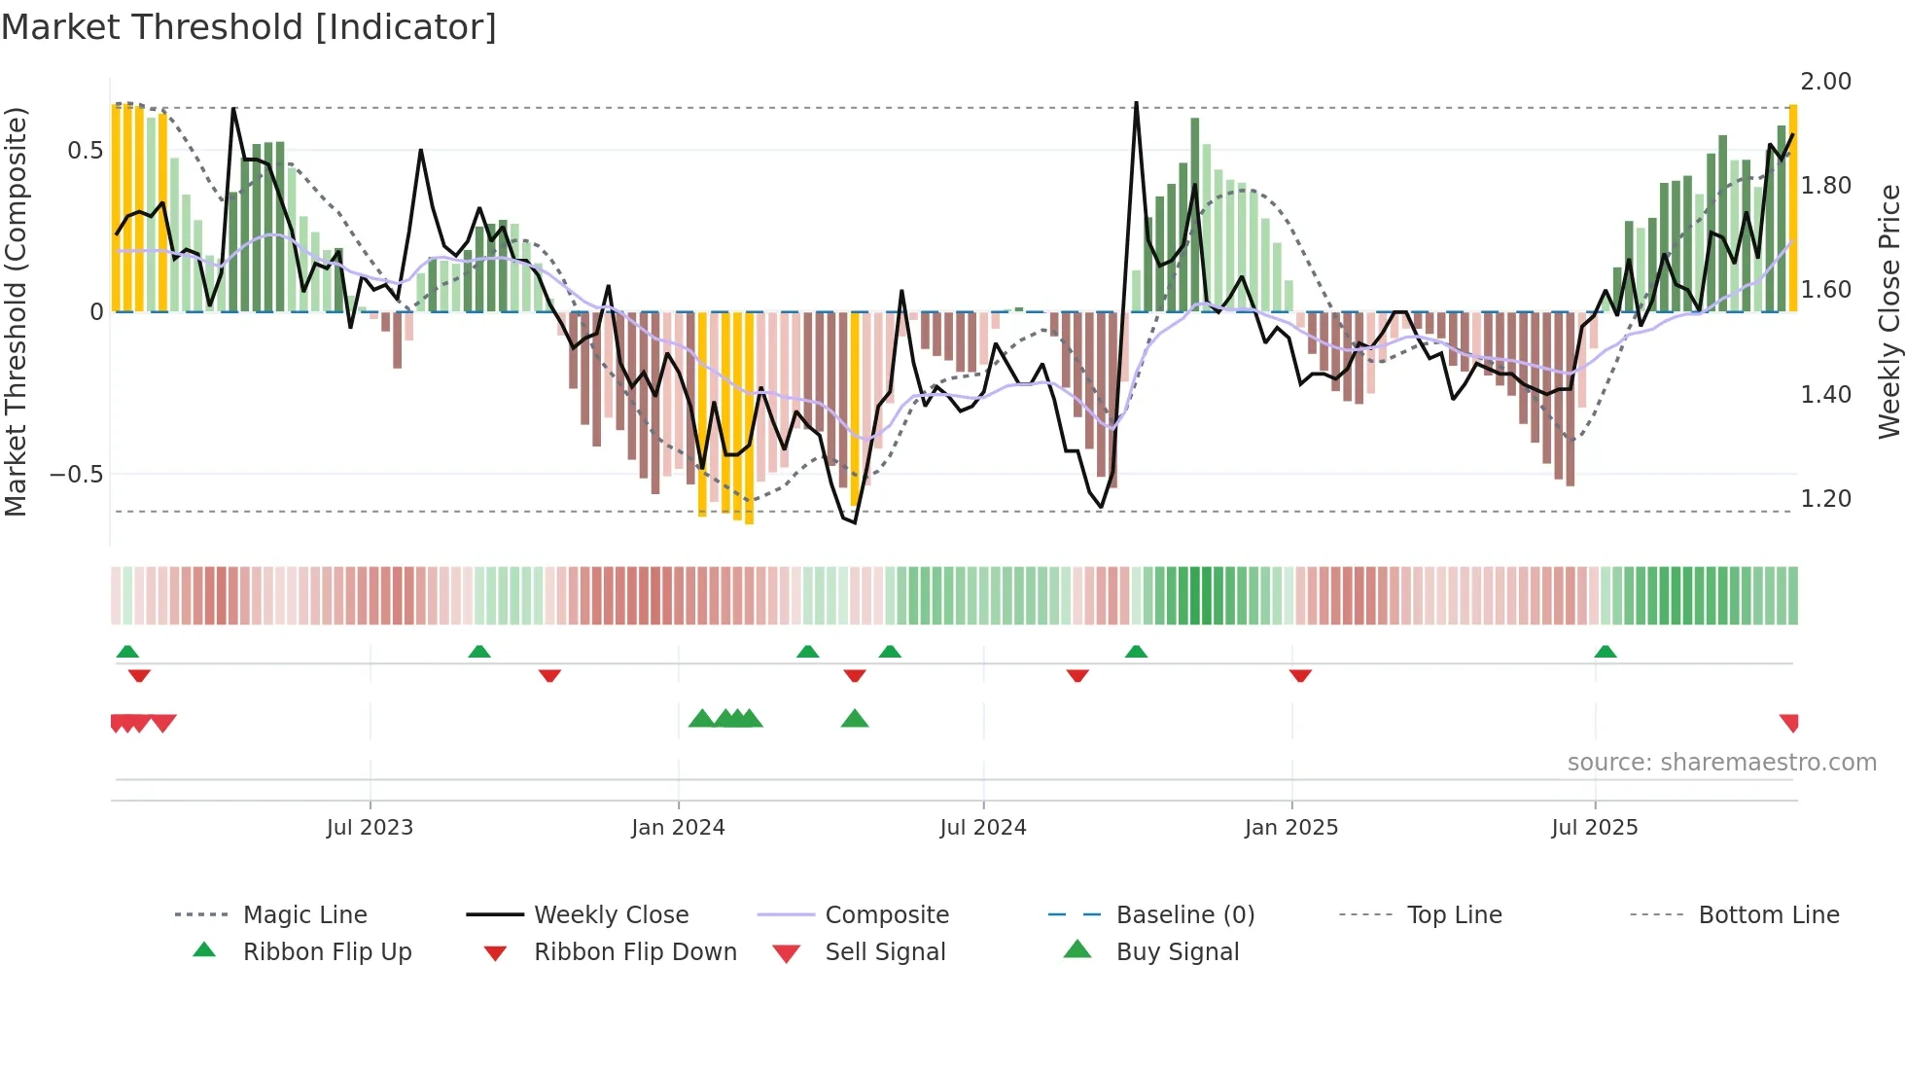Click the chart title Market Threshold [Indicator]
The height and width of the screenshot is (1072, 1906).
[x=249, y=27]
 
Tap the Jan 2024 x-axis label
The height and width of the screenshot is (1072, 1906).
[x=678, y=828]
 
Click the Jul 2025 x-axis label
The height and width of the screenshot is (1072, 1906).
[x=1594, y=828]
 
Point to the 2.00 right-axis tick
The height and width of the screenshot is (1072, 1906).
[x=1825, y=82]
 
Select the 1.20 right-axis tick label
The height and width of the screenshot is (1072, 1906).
[x=1825, y=499]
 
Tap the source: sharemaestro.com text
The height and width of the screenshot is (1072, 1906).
[x=1721, y=763]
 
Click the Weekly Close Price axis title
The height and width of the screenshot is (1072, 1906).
[x=1888, y=311]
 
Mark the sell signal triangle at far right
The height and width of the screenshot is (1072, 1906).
[x=1789, y=722]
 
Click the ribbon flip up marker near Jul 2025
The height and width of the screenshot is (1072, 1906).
[x=1605, y=652]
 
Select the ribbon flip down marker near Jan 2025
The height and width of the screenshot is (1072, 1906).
[x=1300, y=675]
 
